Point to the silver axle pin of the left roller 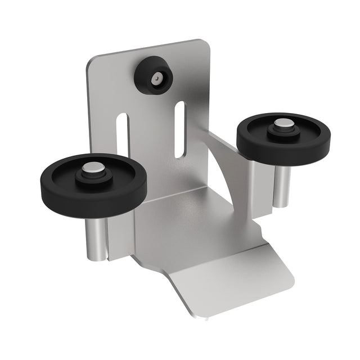pyautogui.click(x=92, y=169)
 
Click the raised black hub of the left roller pyautogui.click(x=92, y=175)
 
